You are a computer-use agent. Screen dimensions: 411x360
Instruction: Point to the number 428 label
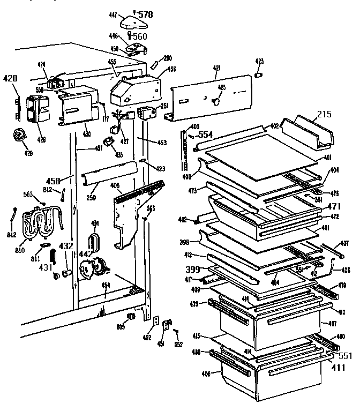[10, 79]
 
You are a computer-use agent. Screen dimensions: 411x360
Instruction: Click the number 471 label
[334, 206]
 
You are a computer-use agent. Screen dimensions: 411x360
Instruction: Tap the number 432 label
[66, 246]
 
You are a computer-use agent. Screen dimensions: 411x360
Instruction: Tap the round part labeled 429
[21, 137]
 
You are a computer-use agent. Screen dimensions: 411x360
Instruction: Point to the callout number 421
[216, 68]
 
